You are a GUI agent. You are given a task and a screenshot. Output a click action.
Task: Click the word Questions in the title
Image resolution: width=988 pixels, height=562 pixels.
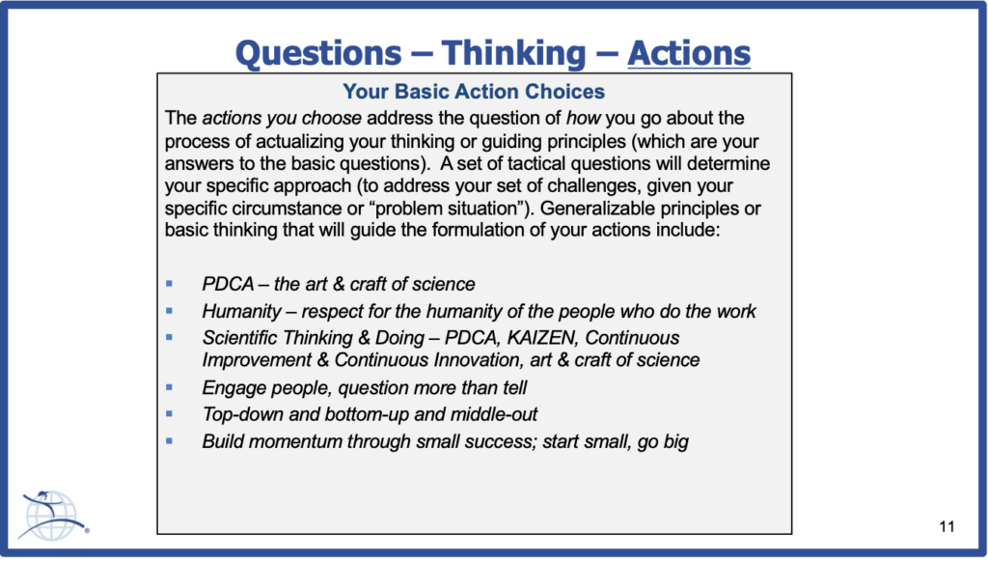318,53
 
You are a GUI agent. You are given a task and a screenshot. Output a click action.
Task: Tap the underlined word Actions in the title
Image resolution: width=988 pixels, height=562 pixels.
689,53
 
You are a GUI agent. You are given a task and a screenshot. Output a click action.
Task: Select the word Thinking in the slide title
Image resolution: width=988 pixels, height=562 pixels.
513,54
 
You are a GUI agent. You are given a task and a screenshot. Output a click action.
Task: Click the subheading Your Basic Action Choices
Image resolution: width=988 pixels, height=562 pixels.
474,92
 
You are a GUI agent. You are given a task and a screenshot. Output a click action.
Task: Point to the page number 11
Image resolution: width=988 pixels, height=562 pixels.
947,526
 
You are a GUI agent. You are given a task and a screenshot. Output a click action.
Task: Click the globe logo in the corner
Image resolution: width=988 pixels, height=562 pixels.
53,516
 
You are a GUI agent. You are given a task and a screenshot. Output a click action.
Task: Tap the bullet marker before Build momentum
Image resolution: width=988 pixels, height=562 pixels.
169,441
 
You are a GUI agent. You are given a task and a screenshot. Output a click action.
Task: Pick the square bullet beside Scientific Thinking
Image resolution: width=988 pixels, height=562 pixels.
169,337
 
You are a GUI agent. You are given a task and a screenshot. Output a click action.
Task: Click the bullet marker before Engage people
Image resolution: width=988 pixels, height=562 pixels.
169,387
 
